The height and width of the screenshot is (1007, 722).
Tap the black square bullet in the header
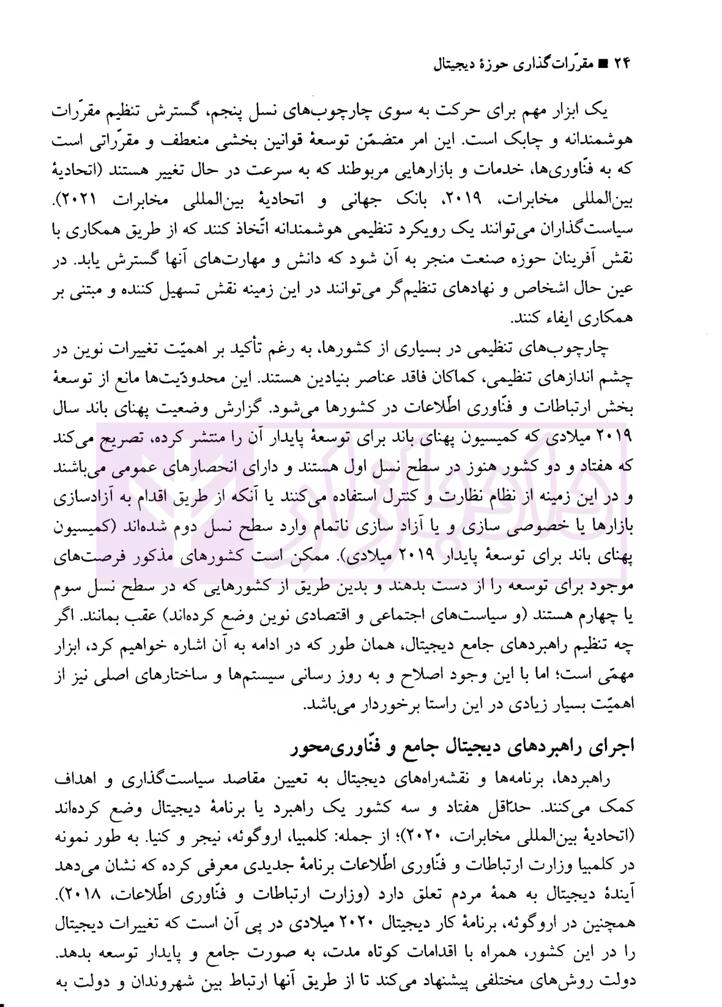coord(602,64)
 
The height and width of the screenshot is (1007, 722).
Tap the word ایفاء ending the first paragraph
coord(562,319)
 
